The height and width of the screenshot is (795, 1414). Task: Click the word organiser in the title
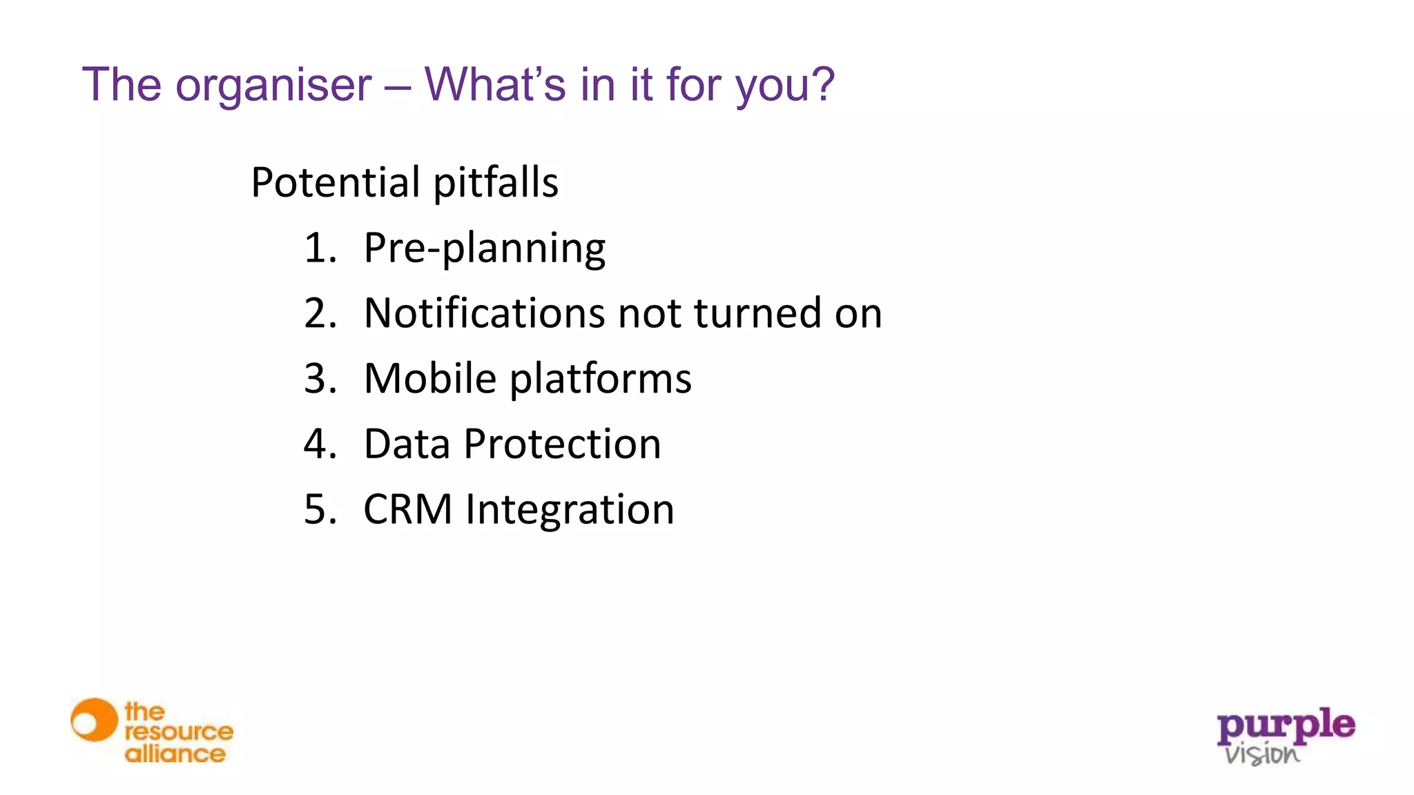pos(273,86)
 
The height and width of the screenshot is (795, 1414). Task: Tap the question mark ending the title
pos(822,84)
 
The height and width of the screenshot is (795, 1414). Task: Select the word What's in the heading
pos(495,84)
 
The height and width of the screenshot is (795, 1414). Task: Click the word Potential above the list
pos(336,183)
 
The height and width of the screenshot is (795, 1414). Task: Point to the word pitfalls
pos(496,183)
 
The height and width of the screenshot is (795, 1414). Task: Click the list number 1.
pos(320,248)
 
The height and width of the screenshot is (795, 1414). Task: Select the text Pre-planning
pos(484,248)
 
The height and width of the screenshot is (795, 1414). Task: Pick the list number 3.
pos(320,379)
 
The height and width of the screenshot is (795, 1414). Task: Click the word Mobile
pos(430,379)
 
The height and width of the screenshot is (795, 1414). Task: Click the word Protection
pos(562,444)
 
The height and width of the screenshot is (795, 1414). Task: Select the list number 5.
pos(320,509)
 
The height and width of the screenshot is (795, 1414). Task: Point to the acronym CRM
pos(407,509)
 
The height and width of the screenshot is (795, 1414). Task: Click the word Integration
pos(570,510)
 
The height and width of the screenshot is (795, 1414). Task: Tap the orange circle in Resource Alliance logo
pos(95,720)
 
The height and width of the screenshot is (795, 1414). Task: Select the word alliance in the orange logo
pos(175,754)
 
